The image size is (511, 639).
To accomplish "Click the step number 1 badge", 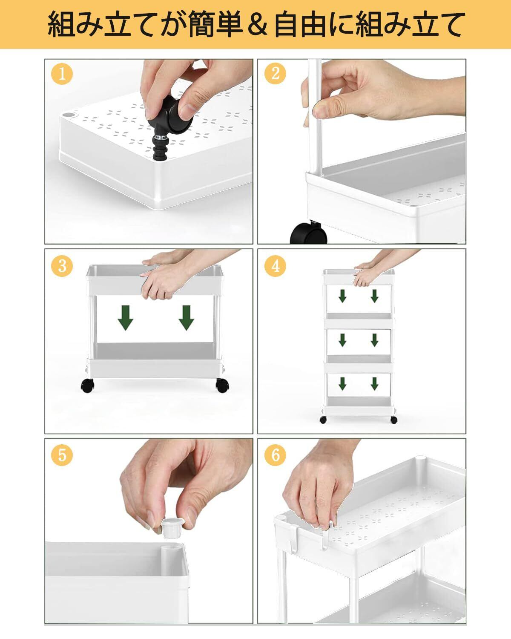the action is point(62,74).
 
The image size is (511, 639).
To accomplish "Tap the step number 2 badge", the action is point(275,73).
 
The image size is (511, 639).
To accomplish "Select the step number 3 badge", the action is point(62,266).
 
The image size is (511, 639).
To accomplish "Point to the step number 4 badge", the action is point(275,266).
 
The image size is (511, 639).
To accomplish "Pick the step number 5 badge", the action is point(62,455).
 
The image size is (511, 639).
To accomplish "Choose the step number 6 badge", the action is point(275,455).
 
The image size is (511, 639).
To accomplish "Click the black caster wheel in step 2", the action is point(309,233).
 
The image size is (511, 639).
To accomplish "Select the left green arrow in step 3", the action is point(126,318).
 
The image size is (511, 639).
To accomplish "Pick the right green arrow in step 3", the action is point(187,318).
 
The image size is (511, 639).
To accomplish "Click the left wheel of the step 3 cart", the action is point(87,386).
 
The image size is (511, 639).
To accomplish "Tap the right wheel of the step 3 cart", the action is point(222,386).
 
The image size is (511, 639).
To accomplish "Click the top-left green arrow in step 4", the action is point(343,296).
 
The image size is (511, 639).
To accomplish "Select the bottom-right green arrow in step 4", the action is point(374,384).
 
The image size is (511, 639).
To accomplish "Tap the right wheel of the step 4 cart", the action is point(394,420).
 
